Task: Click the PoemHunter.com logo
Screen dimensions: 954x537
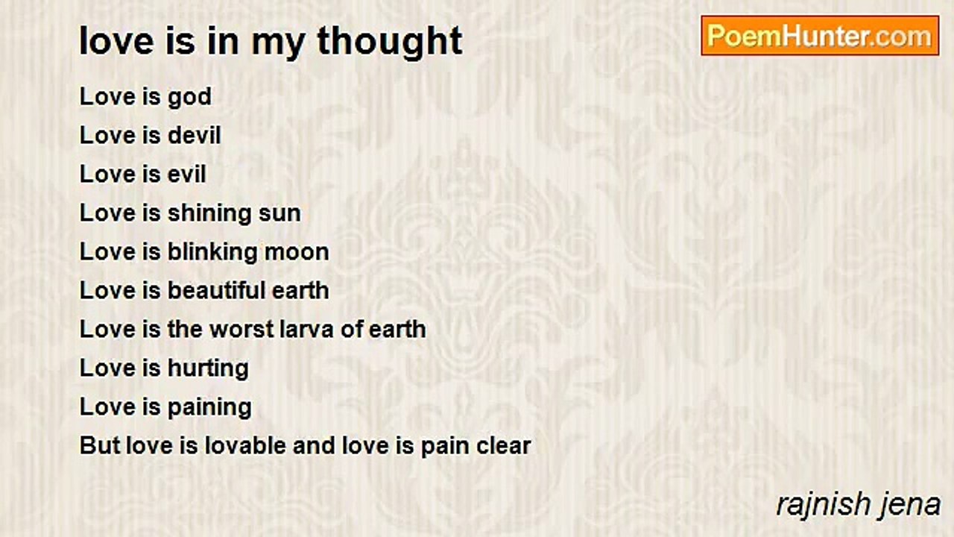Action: pyautogui.click(x=820, y=36)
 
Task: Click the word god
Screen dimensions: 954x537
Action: pyautogui.click(x=189, y=98)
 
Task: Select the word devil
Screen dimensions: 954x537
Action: pyautogui.click(x=195, y=135)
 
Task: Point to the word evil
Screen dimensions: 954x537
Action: pyautogui.click(x=186, y=174)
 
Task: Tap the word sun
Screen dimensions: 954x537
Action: pyautogui.click(x=279, y=214)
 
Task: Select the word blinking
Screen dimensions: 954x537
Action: pyautogui.click(x=212, y=253)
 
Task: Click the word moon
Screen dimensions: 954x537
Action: pyautogui.click(x=297, y=253)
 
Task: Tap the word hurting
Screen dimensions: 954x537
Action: pyautogui.click(x=208, y=369)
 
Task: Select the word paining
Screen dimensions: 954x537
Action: pyautogui.click(x=209, y=408)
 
